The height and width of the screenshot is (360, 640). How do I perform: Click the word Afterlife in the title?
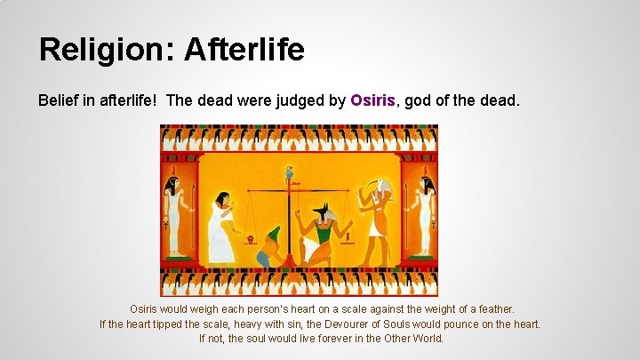(244, 50)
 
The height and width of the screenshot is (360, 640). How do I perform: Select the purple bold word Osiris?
(372, 100)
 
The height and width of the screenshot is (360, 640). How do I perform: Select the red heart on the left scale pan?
(252, 239)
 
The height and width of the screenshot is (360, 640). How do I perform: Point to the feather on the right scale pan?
(348, 237)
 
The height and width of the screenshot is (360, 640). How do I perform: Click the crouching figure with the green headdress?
(271, 249)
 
